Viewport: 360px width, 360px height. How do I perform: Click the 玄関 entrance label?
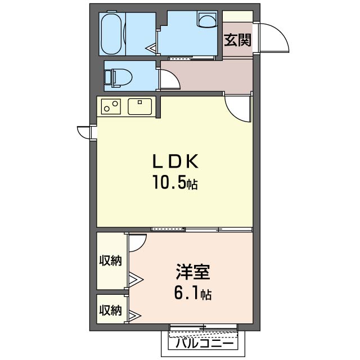tap(237, 40)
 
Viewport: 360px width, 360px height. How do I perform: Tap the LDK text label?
tap(175, 161)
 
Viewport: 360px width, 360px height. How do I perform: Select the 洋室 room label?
tap(193, 272)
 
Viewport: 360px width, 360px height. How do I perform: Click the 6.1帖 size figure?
tap(193, 294)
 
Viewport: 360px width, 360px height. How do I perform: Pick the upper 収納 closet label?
tap(110, 260)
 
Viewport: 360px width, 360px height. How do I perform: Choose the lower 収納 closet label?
tap(110, 310)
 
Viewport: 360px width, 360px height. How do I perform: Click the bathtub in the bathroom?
tap(111, 34)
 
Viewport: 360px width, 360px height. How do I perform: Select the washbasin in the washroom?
tap(208, 20)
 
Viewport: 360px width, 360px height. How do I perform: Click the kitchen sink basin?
tap(140, 106)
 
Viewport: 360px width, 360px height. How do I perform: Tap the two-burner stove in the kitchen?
tap(111, 106)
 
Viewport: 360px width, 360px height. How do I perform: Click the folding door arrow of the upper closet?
tap(136, 280)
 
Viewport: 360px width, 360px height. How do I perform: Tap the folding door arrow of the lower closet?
tap(136, 315)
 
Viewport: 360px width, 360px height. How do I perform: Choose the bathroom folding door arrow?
tap(151, 48)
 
